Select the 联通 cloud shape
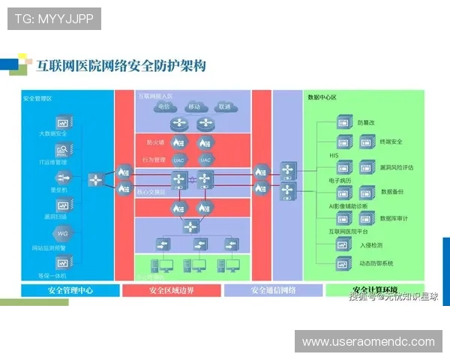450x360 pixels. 223,106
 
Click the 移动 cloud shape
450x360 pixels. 193,106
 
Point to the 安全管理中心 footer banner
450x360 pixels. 70,290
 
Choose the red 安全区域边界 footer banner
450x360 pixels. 171,290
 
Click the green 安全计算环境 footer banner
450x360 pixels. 375,289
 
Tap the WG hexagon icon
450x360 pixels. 62,233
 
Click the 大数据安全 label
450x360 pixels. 52,133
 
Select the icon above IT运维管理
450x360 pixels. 62,148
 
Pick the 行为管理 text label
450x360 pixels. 154,159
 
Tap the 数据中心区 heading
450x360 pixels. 322,97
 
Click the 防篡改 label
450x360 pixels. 365,121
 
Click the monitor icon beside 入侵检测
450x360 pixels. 343,244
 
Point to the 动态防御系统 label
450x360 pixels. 376,263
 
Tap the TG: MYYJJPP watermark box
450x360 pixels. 54,18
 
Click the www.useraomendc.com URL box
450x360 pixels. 368,342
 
